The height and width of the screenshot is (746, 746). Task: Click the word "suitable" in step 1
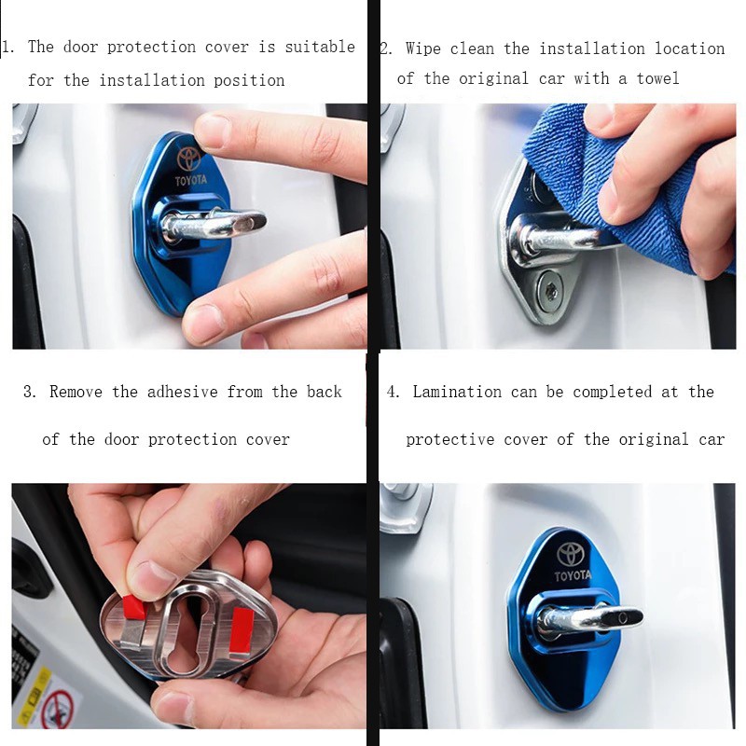tap(320, 47)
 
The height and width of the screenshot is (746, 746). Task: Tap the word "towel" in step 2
tap(657, 78)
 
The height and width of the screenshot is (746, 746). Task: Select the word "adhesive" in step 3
tap(182, 392)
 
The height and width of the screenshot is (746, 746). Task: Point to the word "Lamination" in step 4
tap(457, 392)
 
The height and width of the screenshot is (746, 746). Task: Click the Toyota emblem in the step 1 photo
tap(189, 159)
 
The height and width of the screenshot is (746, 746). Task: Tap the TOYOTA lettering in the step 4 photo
tap(573, 575)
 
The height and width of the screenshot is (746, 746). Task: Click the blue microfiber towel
tap(623, 190)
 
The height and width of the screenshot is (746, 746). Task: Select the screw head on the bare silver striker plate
tap(550, 287)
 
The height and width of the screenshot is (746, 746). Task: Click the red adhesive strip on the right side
tap(242, 631)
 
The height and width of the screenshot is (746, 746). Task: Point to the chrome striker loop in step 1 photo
tap(214, 225)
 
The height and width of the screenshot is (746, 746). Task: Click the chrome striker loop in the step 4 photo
tap(590, 619)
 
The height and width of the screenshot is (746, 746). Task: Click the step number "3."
tap(30, 392)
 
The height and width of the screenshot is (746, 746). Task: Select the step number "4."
tap(393, 392)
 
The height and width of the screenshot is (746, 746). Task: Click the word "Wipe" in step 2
tap(423, 48)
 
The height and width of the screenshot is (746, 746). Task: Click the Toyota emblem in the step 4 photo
tap(570, 554)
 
